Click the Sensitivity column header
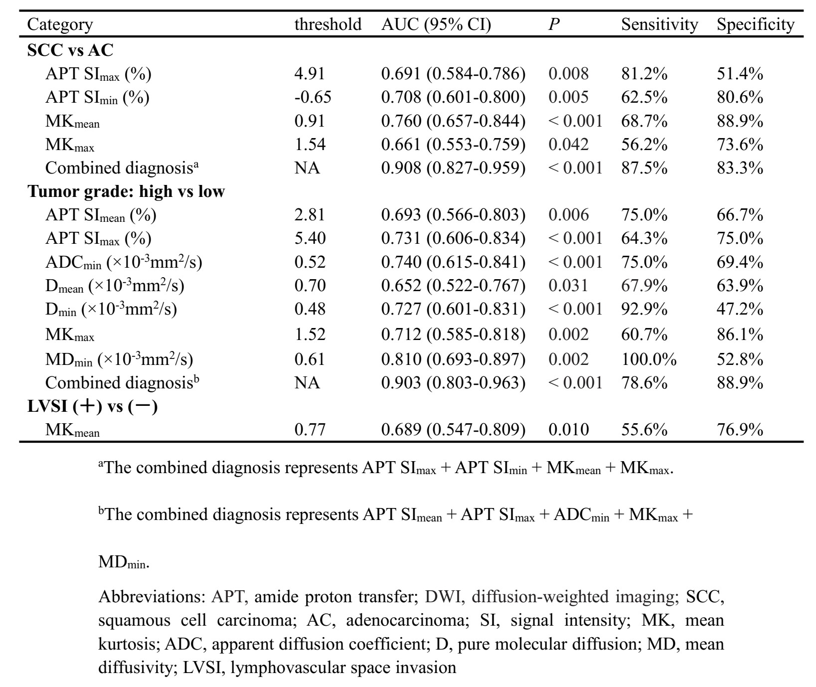point(659,24)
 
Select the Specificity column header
point(755,24)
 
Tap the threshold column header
point(327,24)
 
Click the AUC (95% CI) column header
point(436,24)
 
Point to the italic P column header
point(553,24)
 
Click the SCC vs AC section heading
point(70,50)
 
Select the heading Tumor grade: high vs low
point(126,191)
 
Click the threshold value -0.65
point(313,97)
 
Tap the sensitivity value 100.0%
point(649,359)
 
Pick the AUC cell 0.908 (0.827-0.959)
point(453,168)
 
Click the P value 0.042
point(568,144)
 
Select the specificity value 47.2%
point(740,309)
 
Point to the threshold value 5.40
point(310,238)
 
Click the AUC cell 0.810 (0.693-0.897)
point(453,359)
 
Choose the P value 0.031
point(568,285)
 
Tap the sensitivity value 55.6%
point(644,429)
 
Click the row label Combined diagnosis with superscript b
point(123,382)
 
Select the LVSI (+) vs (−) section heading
point(92,406)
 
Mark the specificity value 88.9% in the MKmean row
point(740,121)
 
